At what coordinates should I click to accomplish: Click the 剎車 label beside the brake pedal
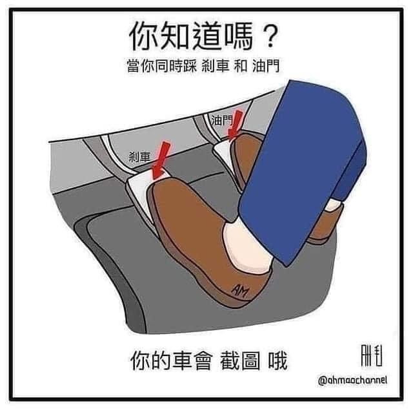139,157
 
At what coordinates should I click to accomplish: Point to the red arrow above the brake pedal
161,160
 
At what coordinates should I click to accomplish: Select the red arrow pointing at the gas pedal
235,124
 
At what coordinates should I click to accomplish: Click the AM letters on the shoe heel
240,291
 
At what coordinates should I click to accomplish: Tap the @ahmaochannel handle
353,380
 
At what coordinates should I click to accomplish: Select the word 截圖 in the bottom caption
240,361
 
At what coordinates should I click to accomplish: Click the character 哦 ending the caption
277,361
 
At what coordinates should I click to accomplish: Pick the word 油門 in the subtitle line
266,66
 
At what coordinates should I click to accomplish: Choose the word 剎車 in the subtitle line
216,66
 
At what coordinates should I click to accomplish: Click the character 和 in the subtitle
241,66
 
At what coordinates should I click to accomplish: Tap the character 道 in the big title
207,36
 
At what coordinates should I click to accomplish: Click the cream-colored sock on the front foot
247,246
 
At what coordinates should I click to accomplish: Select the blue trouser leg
303,169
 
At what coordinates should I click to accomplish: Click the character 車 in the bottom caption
183,361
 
